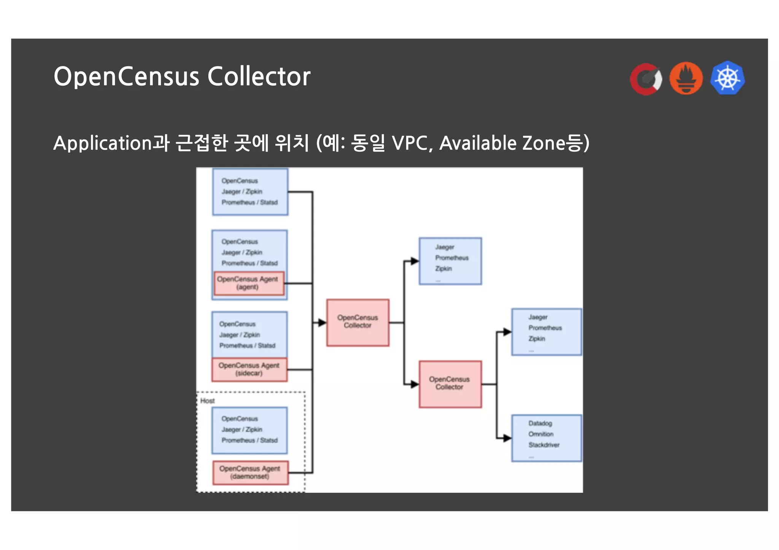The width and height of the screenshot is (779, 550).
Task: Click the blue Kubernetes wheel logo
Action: click(x=727, y=78)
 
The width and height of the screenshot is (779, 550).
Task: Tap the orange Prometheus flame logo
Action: click(x=686, y=78)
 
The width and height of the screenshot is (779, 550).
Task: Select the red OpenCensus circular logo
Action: click(x=646, y=79)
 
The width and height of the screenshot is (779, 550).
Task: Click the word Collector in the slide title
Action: click(x=259, y=77)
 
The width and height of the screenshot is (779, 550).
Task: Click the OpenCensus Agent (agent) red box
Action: click(x=248, y=283)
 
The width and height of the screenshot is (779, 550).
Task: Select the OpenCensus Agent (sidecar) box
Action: click(x=249, y=369)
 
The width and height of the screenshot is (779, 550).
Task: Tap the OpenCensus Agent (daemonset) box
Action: click(x=250, y=472)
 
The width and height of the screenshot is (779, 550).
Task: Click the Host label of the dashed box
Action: click(x=207, y=401)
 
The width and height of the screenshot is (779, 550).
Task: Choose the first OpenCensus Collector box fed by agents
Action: click(x=358, y=322)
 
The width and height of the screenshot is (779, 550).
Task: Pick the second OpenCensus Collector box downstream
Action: click(x=450, y=384)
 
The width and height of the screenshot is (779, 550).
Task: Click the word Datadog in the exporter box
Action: click(x=540, y=423)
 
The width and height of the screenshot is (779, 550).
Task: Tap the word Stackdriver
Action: click(x=544, y=445)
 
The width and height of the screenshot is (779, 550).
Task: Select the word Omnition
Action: click(x=541, y=434)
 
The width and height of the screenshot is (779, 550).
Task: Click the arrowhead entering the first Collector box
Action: click(x=322, y=323)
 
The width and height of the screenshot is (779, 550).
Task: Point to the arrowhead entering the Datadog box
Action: click(x=507, y=438)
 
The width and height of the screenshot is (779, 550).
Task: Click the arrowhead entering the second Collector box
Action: click(x=415, y=384)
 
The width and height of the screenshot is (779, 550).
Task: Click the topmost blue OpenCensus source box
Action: click(x=250, y=192)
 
